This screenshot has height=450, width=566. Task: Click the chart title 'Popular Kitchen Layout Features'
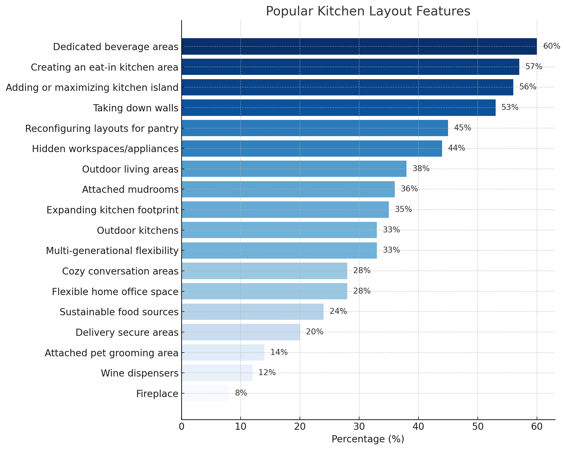pyautogui.click(x=368, y=11)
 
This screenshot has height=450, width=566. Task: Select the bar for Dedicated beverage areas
pyautogui.click(x=359, y=46)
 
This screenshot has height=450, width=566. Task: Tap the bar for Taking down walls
pyautogui.click(x=338, y=108)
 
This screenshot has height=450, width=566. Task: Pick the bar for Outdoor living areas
pyautogui.click(x=294, y=169)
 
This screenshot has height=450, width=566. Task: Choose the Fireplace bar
pyautogui.click(x=205, y=393)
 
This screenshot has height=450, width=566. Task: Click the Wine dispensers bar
pyautogui.click(x=217, y=373)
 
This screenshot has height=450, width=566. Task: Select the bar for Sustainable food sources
pyautogui.click(x=252, y=312)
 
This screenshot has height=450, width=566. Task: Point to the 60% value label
pyautogui.click(x=551, y=46)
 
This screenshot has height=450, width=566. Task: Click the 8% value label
pyautogui.click(x=241, y=393)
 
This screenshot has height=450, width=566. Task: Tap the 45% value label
pyautogui.click(x=462, y=128)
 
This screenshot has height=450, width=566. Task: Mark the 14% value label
pyautogui.click(x=279, y=352)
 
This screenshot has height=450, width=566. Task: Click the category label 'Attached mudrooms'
pyautogui.click(x=130, y=189)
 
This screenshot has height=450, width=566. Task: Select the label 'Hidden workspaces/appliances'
pyautogui.click(x=105, y=149)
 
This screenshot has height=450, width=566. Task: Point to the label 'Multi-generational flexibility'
pyautogui.click(x=112, y=251)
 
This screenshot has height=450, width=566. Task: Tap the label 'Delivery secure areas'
pyautogui.click(x=127, y=332)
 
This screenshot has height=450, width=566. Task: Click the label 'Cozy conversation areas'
pyautogui.click(x=120, y=271)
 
